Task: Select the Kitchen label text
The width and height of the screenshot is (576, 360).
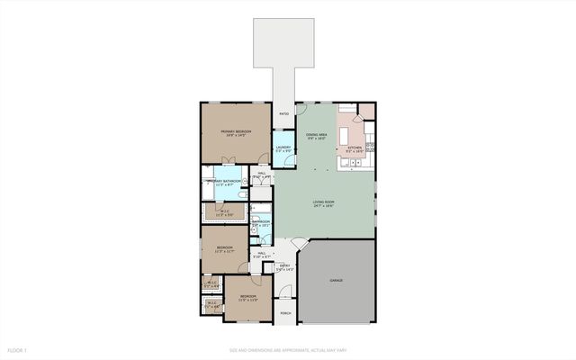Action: pyautogui.click(x=355, y=148)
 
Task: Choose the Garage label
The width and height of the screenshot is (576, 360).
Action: pyautogui.click(x=336, y=281)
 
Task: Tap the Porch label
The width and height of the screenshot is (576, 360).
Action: pyautogui.click(x=284, y=313)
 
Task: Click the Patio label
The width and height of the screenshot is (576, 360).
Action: pyautogui.click(x=284, y=114)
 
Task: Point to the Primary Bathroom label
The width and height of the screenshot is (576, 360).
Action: pyautogui.click(x=222, y=183)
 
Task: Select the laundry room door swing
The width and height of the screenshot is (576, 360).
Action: pyautogui.click(x=282, y=134)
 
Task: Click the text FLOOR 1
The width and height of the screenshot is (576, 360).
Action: pyautogui.click(x=18, y=350)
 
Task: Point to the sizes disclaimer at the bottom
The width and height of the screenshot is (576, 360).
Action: pyautogui.click(x=287, y=350)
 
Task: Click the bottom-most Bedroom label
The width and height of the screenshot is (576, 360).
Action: pyautogui.click(x=247, y=298)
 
